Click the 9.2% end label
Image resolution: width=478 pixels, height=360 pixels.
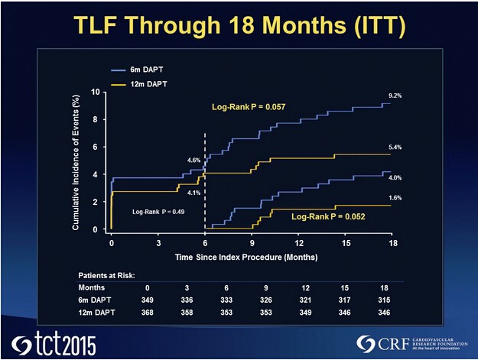click(x=395, y=96)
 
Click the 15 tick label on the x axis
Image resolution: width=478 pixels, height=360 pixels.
click(x=346, y=243)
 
